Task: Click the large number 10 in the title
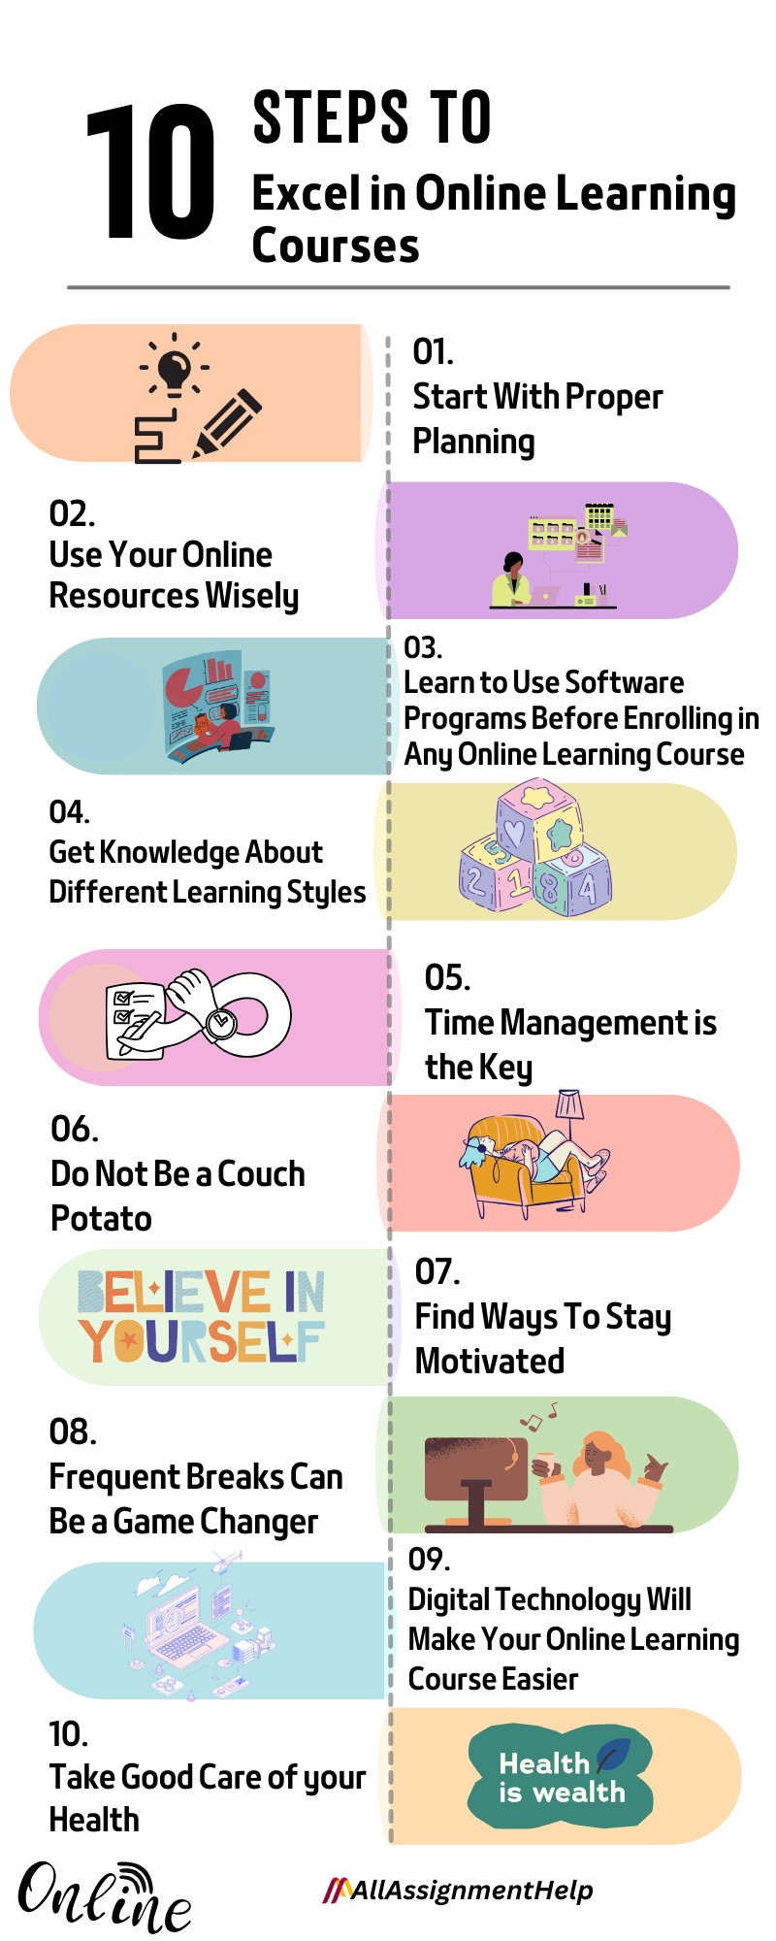(150, 172)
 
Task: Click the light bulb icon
(175, 368)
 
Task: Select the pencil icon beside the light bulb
(227, 423)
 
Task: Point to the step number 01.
(433, 351)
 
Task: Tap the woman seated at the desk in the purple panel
(511, 579)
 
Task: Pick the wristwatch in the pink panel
(219, 1020)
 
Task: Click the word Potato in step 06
(101, 1218)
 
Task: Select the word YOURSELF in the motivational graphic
(202, 1341)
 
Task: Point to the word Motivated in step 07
(490, 1361)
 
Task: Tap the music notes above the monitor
(539, 1417)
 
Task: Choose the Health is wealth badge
(561, 1777)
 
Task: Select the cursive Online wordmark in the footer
(104, 1897)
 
